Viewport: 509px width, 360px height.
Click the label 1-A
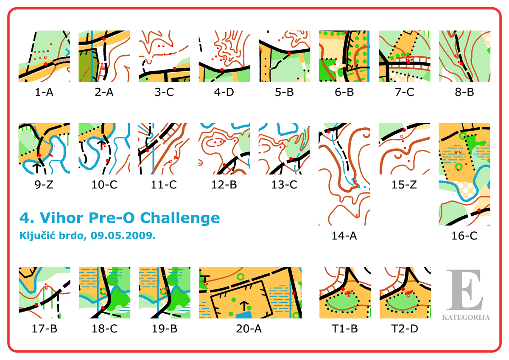tap(44, 92)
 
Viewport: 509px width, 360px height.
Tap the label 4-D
tap(224, 92)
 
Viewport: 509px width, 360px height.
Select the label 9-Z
tap(44, 184)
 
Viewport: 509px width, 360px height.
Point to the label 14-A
tap(344, 236)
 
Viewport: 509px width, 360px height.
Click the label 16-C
tap(464, 236)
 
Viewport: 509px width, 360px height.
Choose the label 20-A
tap(249, 329)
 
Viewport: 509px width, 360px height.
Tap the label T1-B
tap(345, 329)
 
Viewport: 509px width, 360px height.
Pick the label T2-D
tap(405, 329)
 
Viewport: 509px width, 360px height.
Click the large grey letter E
tap(465, 290)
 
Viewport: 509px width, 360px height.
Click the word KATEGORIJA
tap(466, 317)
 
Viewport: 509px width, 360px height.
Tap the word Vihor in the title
tap(62, 218)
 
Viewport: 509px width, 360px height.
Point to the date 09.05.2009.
tap(123, 236)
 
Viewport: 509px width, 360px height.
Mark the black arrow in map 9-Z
tap(37, 168)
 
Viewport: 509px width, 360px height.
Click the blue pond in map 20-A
tap(244, 315)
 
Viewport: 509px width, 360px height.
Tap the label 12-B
tap(224, 184)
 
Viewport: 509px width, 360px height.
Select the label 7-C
tap(405, 92)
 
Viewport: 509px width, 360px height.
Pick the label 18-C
tap(104, 329)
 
